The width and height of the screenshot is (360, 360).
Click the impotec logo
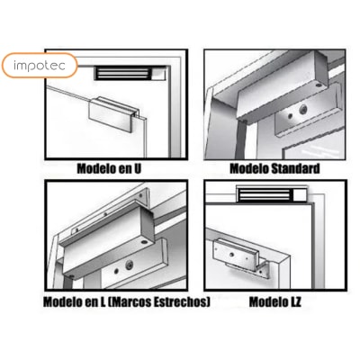40,66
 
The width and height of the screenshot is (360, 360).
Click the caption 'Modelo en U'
109,168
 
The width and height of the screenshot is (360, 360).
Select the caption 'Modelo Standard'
274,168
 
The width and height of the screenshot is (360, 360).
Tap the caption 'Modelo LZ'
274,301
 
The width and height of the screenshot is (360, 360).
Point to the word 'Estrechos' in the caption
181,301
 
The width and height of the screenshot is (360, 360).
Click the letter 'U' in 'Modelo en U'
137,168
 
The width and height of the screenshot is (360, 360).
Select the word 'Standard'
295,168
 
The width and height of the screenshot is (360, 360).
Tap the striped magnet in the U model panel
123,73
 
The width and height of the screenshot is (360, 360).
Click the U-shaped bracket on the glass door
114,114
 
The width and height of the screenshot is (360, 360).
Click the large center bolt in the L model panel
130,265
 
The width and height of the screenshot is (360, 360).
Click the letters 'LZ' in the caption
296,301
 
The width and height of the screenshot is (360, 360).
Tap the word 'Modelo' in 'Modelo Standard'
249,168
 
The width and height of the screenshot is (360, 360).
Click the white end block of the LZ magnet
301,194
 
